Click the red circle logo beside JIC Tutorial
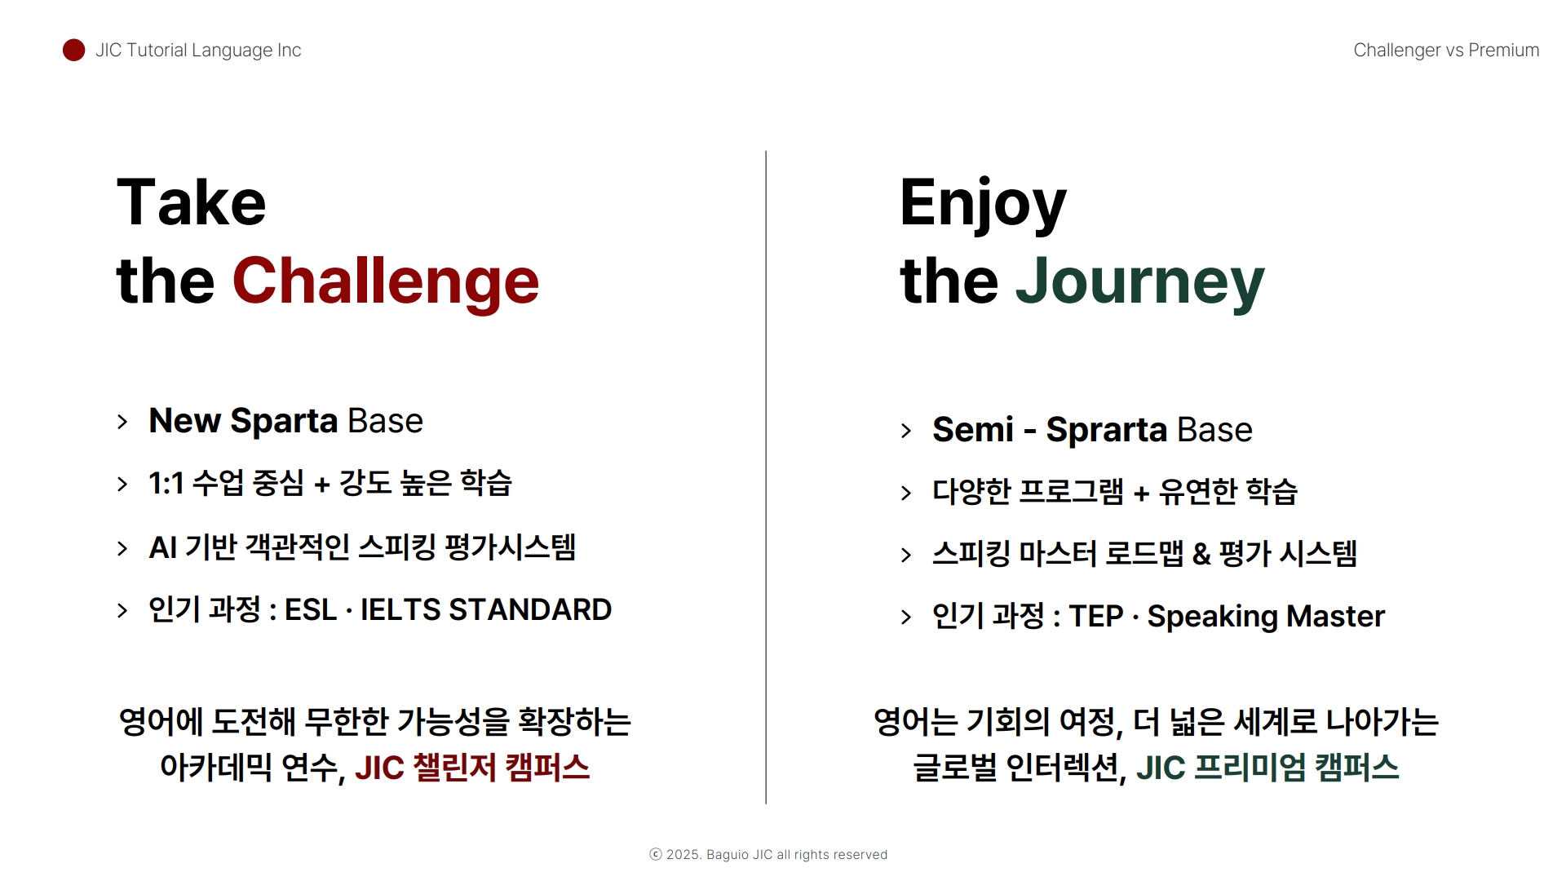coord(73,50)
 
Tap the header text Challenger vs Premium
coord(1446,51)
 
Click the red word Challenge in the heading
coord(386,281)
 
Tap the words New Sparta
coord(243,421)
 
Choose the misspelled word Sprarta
coord(1107,430)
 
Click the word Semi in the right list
coord(973,429)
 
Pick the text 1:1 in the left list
coord(166,484)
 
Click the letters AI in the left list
coord(163,547)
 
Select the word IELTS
coord(400,610)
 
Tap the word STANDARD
coord(530,610)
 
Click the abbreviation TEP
coord(1096,617)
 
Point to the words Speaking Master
coord(1266,618)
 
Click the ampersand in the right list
coord(1201,555)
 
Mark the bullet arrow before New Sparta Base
coord(122,422)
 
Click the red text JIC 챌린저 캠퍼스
coord(472,768)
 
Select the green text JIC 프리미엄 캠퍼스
coord(1267,768)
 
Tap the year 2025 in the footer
coord(683,855)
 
